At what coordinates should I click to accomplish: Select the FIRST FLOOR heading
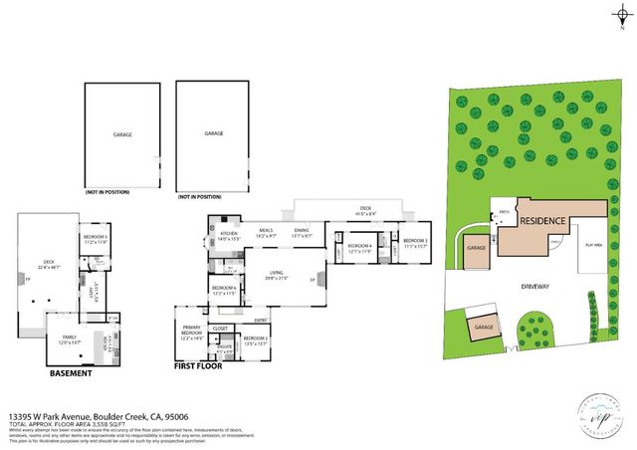click(x=199, y=367)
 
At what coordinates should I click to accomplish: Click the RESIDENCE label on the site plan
click(x=541, y=222)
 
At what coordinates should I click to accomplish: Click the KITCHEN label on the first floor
click(x=231, y=235)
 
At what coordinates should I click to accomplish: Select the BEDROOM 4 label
click(x=359, y=246)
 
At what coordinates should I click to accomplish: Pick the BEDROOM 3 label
click(x=414, y=241)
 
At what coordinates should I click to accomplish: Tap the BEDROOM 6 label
click(x=222, y=288)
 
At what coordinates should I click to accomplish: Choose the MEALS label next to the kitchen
click(x=266, y=231)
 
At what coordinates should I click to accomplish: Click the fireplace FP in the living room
click(x=313, y=281)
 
